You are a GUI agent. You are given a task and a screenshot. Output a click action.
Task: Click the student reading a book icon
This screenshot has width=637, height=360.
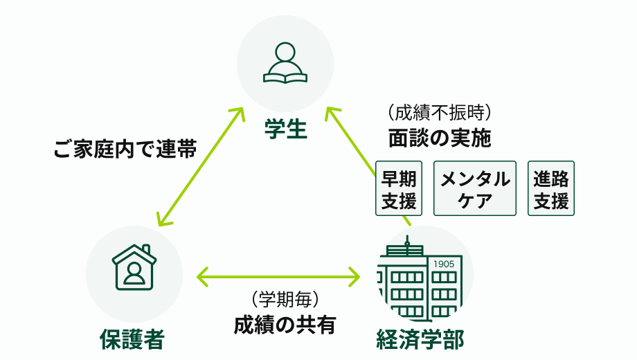[285, 62]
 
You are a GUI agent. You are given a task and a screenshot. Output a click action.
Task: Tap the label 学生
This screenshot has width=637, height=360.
[285, 129]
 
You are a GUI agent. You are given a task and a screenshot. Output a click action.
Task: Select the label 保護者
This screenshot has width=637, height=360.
[132, 339]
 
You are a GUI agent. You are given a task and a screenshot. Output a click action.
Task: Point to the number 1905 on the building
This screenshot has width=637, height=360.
[443, 264]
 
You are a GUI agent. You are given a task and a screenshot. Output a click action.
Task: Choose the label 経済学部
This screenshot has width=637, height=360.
[420, 339]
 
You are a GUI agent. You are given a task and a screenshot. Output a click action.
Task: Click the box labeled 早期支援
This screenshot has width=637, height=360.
[399, 188]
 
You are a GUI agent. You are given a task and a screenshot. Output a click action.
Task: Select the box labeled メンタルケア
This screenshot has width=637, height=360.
[475, 188]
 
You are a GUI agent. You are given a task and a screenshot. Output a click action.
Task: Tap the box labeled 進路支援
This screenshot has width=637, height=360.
[551, 188]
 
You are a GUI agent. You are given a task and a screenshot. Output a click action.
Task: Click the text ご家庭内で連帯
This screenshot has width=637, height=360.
[125, 149]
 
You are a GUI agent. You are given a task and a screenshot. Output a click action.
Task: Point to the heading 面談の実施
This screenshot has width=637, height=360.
[439, 138]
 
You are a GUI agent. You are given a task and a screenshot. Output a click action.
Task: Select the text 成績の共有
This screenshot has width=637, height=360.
[284, 324]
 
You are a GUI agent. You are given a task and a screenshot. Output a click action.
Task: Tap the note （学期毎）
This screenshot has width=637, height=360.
[284, 300]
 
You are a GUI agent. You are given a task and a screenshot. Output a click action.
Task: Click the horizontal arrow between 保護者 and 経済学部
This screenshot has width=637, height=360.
[278, 277]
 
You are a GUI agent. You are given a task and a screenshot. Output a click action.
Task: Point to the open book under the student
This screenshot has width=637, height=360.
[285, 76]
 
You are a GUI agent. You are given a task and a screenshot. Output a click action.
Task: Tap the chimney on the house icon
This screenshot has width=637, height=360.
[145, 250]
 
